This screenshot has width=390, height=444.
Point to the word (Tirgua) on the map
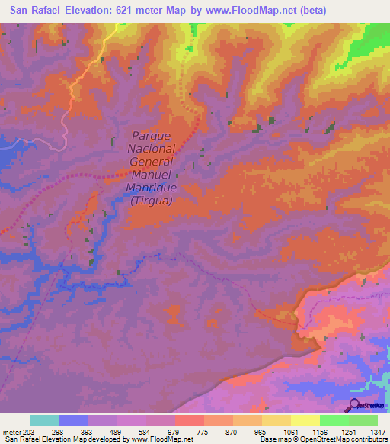tap(152, 201)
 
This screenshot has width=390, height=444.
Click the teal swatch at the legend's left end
tap(44, 420)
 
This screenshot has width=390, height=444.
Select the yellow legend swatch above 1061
tap(276, 420)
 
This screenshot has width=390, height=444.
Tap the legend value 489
tap(116, 432)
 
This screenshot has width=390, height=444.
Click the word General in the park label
tap(152, 162)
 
